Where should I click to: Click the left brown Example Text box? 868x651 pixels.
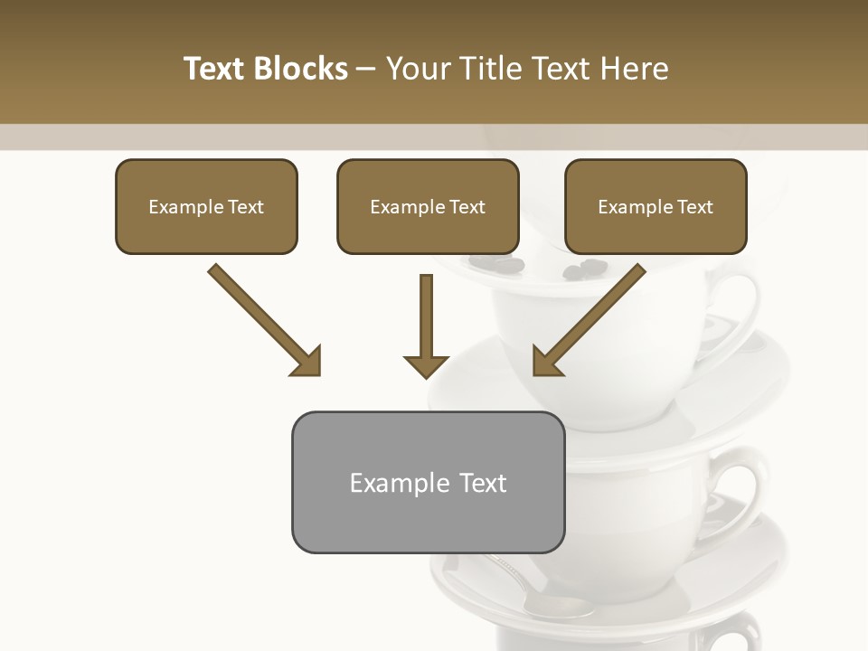coord(206,207)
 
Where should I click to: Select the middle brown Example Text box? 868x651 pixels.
coord(428,207)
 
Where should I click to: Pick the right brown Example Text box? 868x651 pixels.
coord(656,207)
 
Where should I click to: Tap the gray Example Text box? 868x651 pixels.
coord(428,483)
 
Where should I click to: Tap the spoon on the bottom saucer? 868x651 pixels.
coord(533,588)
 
